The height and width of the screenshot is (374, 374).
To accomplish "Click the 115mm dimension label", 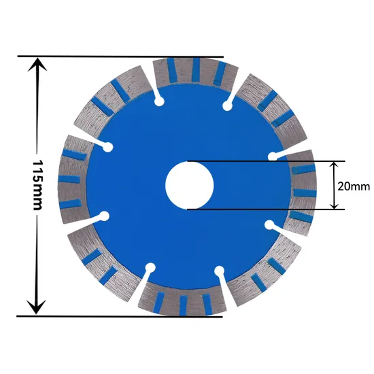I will coord(38,185).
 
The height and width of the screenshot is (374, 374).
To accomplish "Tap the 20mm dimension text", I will coord(354,185).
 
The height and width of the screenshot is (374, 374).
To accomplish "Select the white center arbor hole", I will coord(190,185).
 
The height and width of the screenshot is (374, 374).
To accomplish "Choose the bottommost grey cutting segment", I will coord(182,300).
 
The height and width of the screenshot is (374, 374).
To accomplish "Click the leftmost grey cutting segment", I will coord(74,180).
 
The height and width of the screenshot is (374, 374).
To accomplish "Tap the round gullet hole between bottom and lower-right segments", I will coord(219,271).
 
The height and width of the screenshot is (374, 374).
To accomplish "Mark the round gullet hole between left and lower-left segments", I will coord(105,216).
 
